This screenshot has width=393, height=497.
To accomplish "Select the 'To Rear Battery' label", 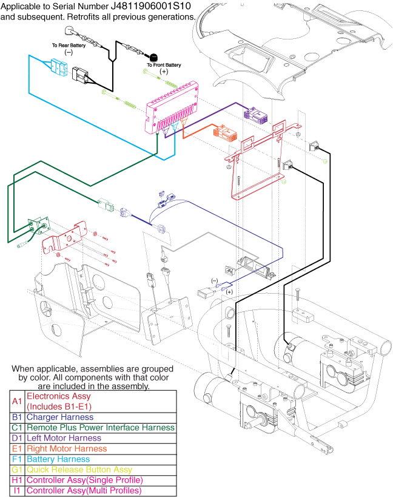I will pyautogui.click(x=69, y=46).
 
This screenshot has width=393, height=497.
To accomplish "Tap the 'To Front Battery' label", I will pyautogui.click(x=164, y=65).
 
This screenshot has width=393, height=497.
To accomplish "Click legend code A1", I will pyautogui.click(x=17, y=401).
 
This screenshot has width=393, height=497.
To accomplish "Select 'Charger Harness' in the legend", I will pyautogui.click(x=60, y=417).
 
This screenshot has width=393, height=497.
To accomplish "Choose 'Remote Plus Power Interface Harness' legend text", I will pyautogui.click(x=101, y=428).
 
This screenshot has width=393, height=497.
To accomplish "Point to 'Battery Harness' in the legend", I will pyautogui.click(x=59, y=459).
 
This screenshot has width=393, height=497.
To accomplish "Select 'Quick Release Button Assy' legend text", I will pyautogui.click(x=79, y=470).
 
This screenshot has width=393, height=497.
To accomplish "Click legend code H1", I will pyautogui.click(x=17, y=480).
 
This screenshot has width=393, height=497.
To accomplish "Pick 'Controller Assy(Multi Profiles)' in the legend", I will pyautogui.click(x=84, y=490).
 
